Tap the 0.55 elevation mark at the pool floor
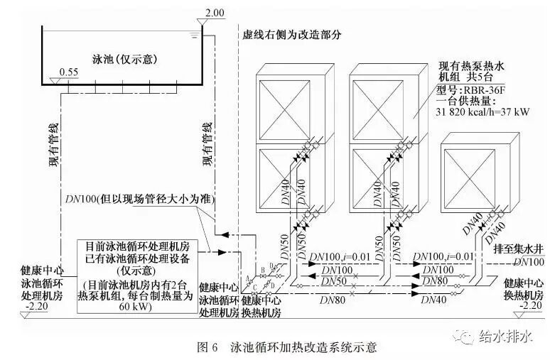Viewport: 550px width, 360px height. click(69, 72)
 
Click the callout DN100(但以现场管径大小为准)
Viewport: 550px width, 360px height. click(139, 197)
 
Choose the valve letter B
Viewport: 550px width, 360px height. click(263, 268)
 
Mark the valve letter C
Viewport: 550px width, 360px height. click(254, 288)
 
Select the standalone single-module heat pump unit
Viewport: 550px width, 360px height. click(473, 182)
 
